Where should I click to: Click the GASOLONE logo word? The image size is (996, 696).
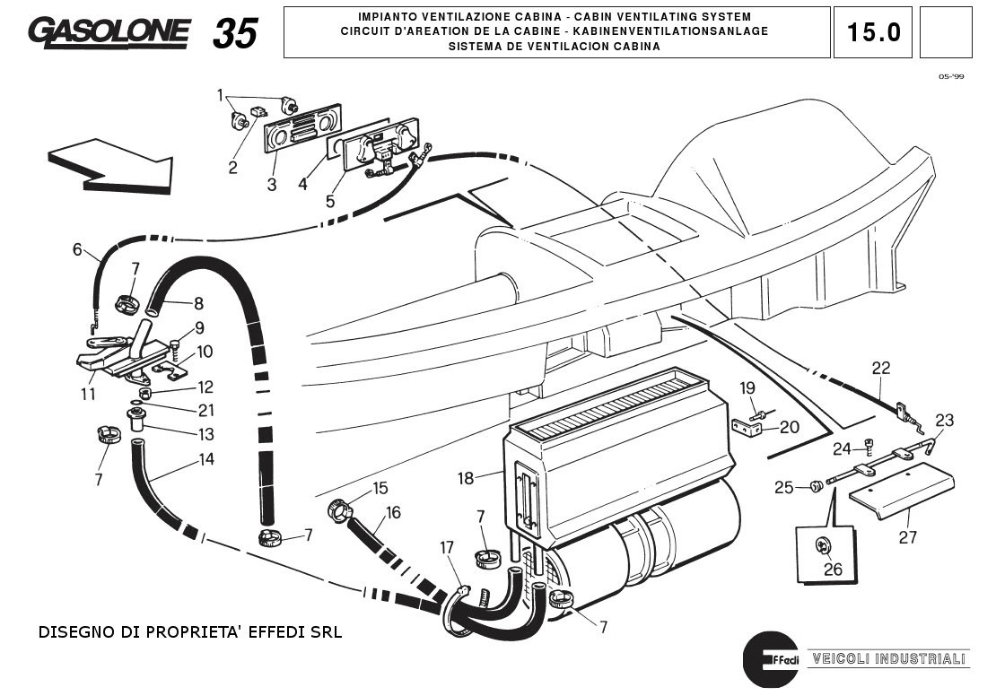coord(109,32)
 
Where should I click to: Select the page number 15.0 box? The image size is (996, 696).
coord(873,32)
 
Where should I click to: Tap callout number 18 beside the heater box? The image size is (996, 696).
coord(465,478)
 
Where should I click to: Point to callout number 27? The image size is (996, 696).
coord(908,537)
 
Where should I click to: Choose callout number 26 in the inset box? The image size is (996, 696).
coord(834,569)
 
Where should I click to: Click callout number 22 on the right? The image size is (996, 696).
coord(881,367)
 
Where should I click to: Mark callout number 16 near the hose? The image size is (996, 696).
coord(393,512)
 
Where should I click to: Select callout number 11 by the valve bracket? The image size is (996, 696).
coord(88,394)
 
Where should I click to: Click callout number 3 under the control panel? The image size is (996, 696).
coord(272,186)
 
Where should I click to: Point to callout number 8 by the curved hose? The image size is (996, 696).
coord(198,304)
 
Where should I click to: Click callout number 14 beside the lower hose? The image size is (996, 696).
coord(206,459)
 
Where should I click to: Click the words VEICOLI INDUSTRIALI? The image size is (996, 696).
coord(889,658)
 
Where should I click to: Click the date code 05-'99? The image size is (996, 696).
coord(951,77)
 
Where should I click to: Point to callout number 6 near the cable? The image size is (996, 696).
coord(77,249)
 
